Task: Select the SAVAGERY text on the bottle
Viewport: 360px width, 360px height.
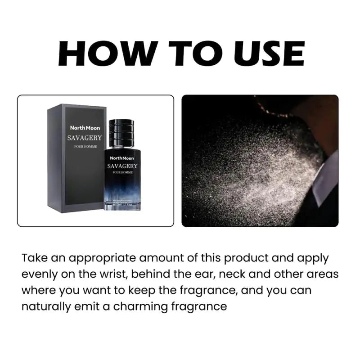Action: click(122, 166)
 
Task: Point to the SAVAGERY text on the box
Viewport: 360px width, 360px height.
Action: click(85, 138)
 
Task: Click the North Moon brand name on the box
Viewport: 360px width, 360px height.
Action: click(85, 128)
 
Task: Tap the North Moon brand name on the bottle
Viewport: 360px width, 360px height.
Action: click(122, 158)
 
